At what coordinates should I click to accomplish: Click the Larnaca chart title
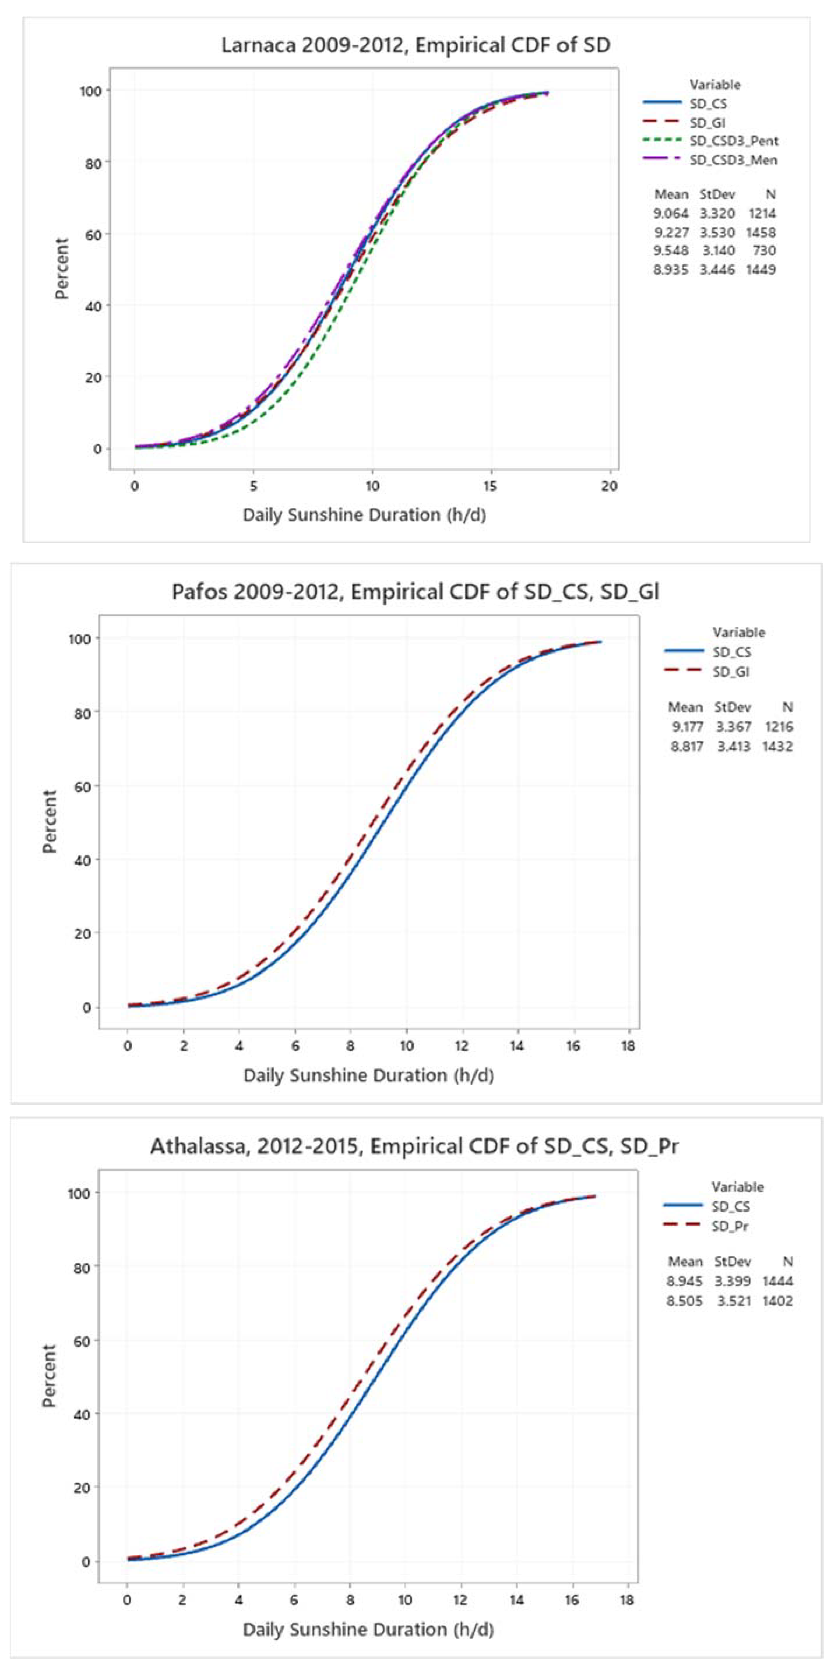(416, 45)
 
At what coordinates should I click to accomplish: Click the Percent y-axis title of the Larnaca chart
(61, 268)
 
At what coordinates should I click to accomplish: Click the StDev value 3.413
(733, 746)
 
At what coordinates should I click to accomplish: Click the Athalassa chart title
(414, 1146)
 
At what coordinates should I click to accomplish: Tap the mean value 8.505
(684, 1301)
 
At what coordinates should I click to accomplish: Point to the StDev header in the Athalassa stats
(733, 1261)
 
